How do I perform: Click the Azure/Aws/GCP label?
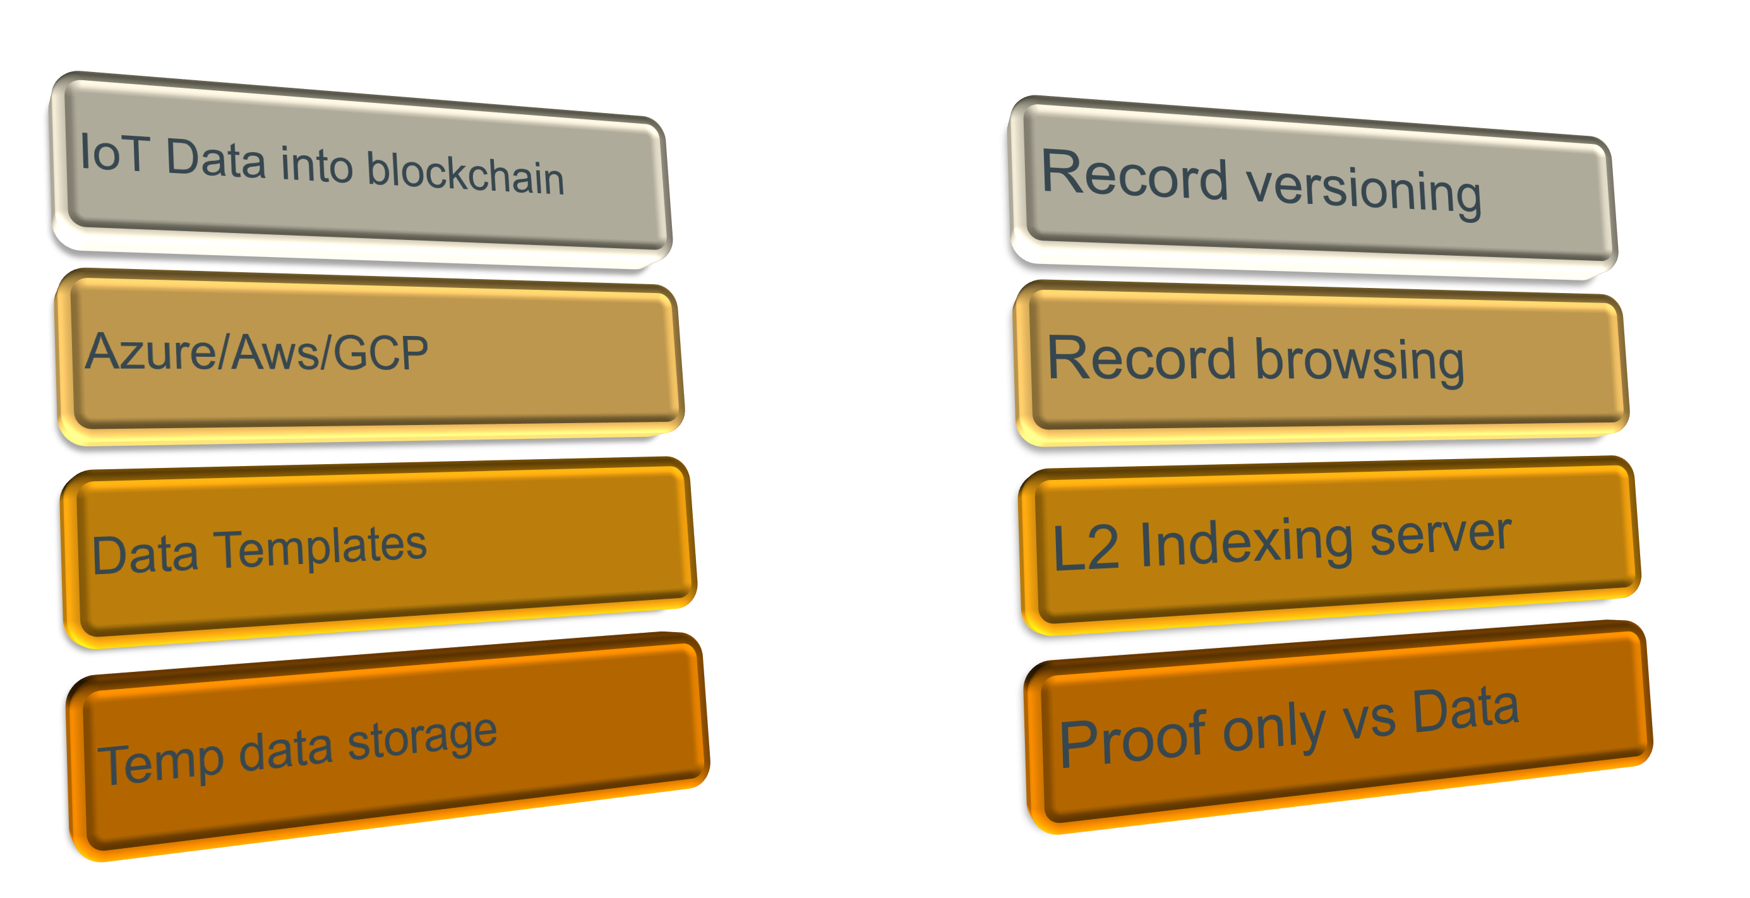256,352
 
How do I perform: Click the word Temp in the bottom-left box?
161,763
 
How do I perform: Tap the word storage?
422,738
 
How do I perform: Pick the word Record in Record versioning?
1134,176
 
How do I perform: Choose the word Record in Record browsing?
1141,358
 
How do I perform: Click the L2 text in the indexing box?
1085,548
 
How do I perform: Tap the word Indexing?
1246,542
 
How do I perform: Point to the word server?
1440,535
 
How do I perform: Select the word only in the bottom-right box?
1274,729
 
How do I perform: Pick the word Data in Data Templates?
145,555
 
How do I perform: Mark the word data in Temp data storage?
285,750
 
